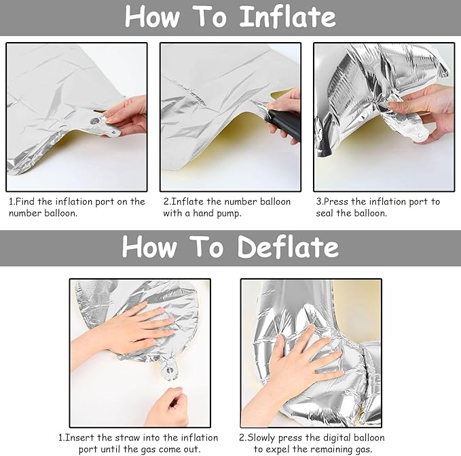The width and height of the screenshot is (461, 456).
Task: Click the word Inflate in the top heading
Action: pos(288,17)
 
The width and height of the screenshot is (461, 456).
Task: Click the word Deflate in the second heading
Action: pos(289,247)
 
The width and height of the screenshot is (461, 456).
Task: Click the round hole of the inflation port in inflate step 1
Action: pos(94,121)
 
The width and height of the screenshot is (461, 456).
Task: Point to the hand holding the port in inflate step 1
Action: pos(126,116)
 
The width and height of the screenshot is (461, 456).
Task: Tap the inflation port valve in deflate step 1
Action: pos(170,370)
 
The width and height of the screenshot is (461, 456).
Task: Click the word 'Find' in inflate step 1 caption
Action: pos(24,202)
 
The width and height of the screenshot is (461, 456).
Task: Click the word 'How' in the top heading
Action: pos(152,17)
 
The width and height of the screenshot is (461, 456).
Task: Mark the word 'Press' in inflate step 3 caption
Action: pos(336,202)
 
